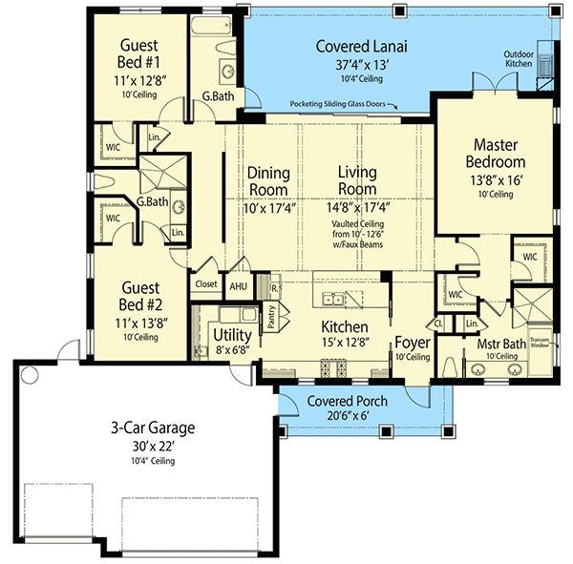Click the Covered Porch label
[347, 401]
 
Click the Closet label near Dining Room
[205, 283]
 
